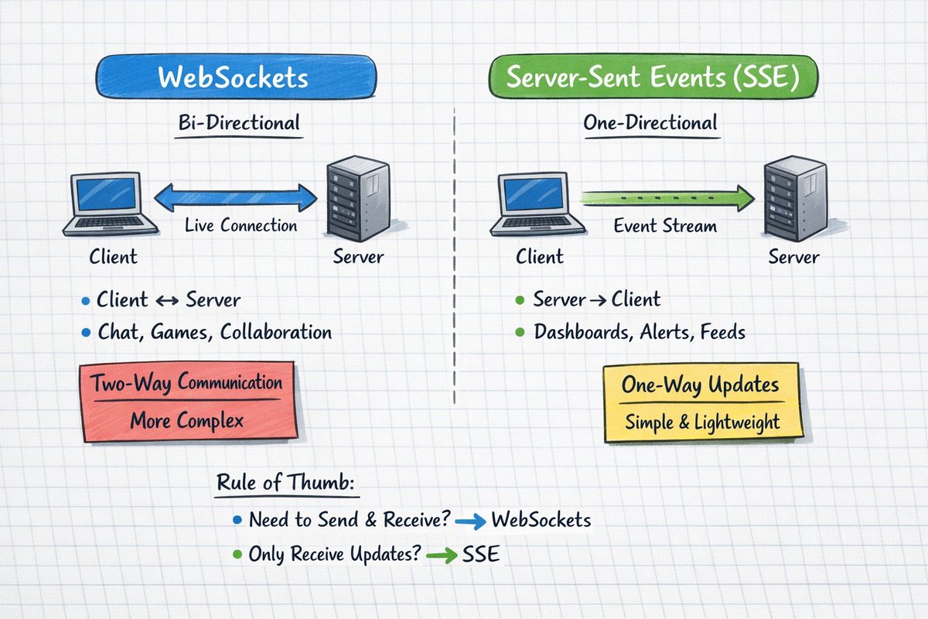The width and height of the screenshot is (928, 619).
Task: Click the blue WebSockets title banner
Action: (x=235, y=78)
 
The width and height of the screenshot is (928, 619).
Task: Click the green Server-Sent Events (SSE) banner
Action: (x=653, y=78)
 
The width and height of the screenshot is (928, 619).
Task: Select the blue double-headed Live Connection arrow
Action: (x=235, y=199)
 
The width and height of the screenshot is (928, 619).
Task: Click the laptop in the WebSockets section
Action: (x=111, y=205)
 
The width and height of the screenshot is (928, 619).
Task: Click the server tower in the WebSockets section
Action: (x=357, y=199)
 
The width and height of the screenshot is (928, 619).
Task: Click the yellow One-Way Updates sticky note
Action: (x=702, y=404)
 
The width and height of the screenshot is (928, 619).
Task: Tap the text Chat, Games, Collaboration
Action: (x=214, y=332)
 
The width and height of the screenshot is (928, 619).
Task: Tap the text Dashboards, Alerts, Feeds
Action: (x=640, y=332)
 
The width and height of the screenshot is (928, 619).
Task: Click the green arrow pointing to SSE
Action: (x=442, y=556)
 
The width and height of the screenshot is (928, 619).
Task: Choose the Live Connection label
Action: (x=241, y=226)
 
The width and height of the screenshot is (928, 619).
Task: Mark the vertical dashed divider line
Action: (x=454, y=255)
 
